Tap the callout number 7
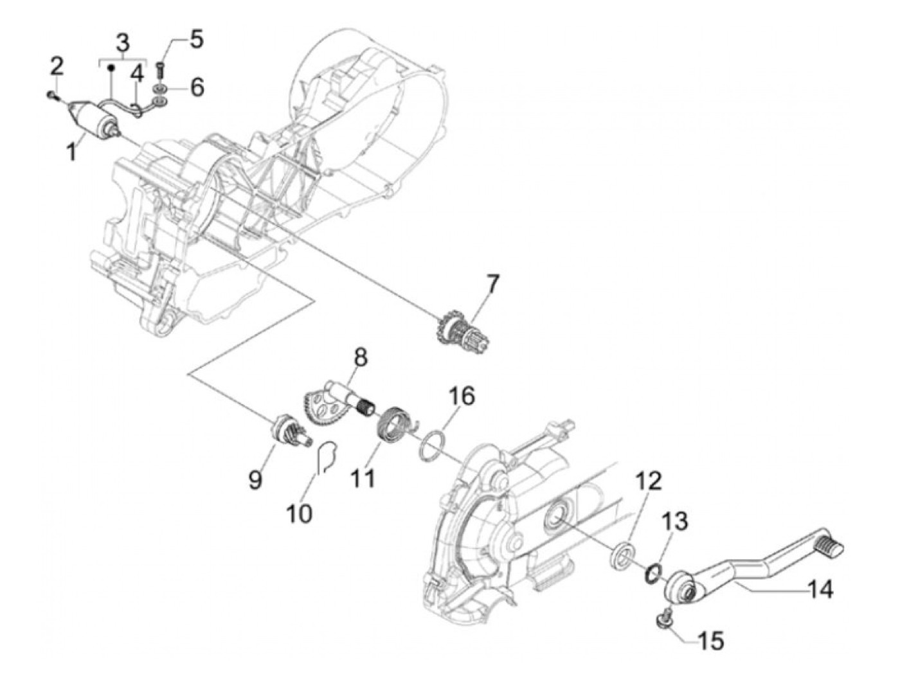(492, 283)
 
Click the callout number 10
(300, 513)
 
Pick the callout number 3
(122, 43)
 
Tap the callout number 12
(649, 481)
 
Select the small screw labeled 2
(51, 96)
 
